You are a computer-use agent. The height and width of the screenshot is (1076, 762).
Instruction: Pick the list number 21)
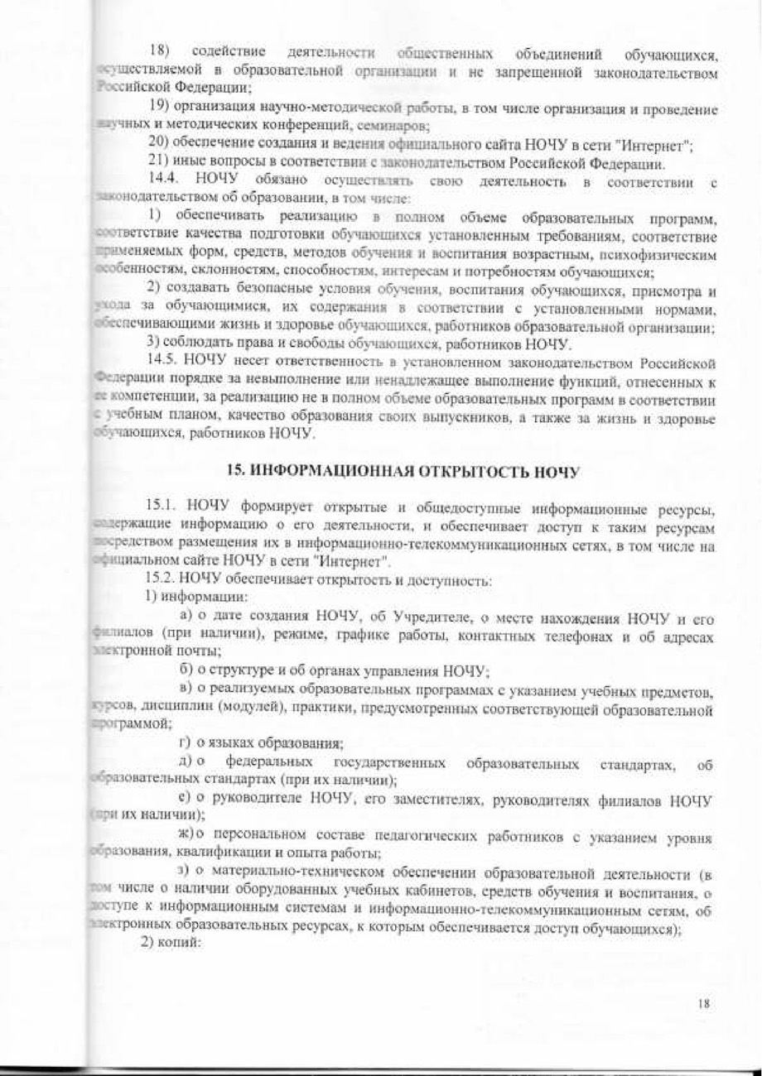(x=157, y=166)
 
